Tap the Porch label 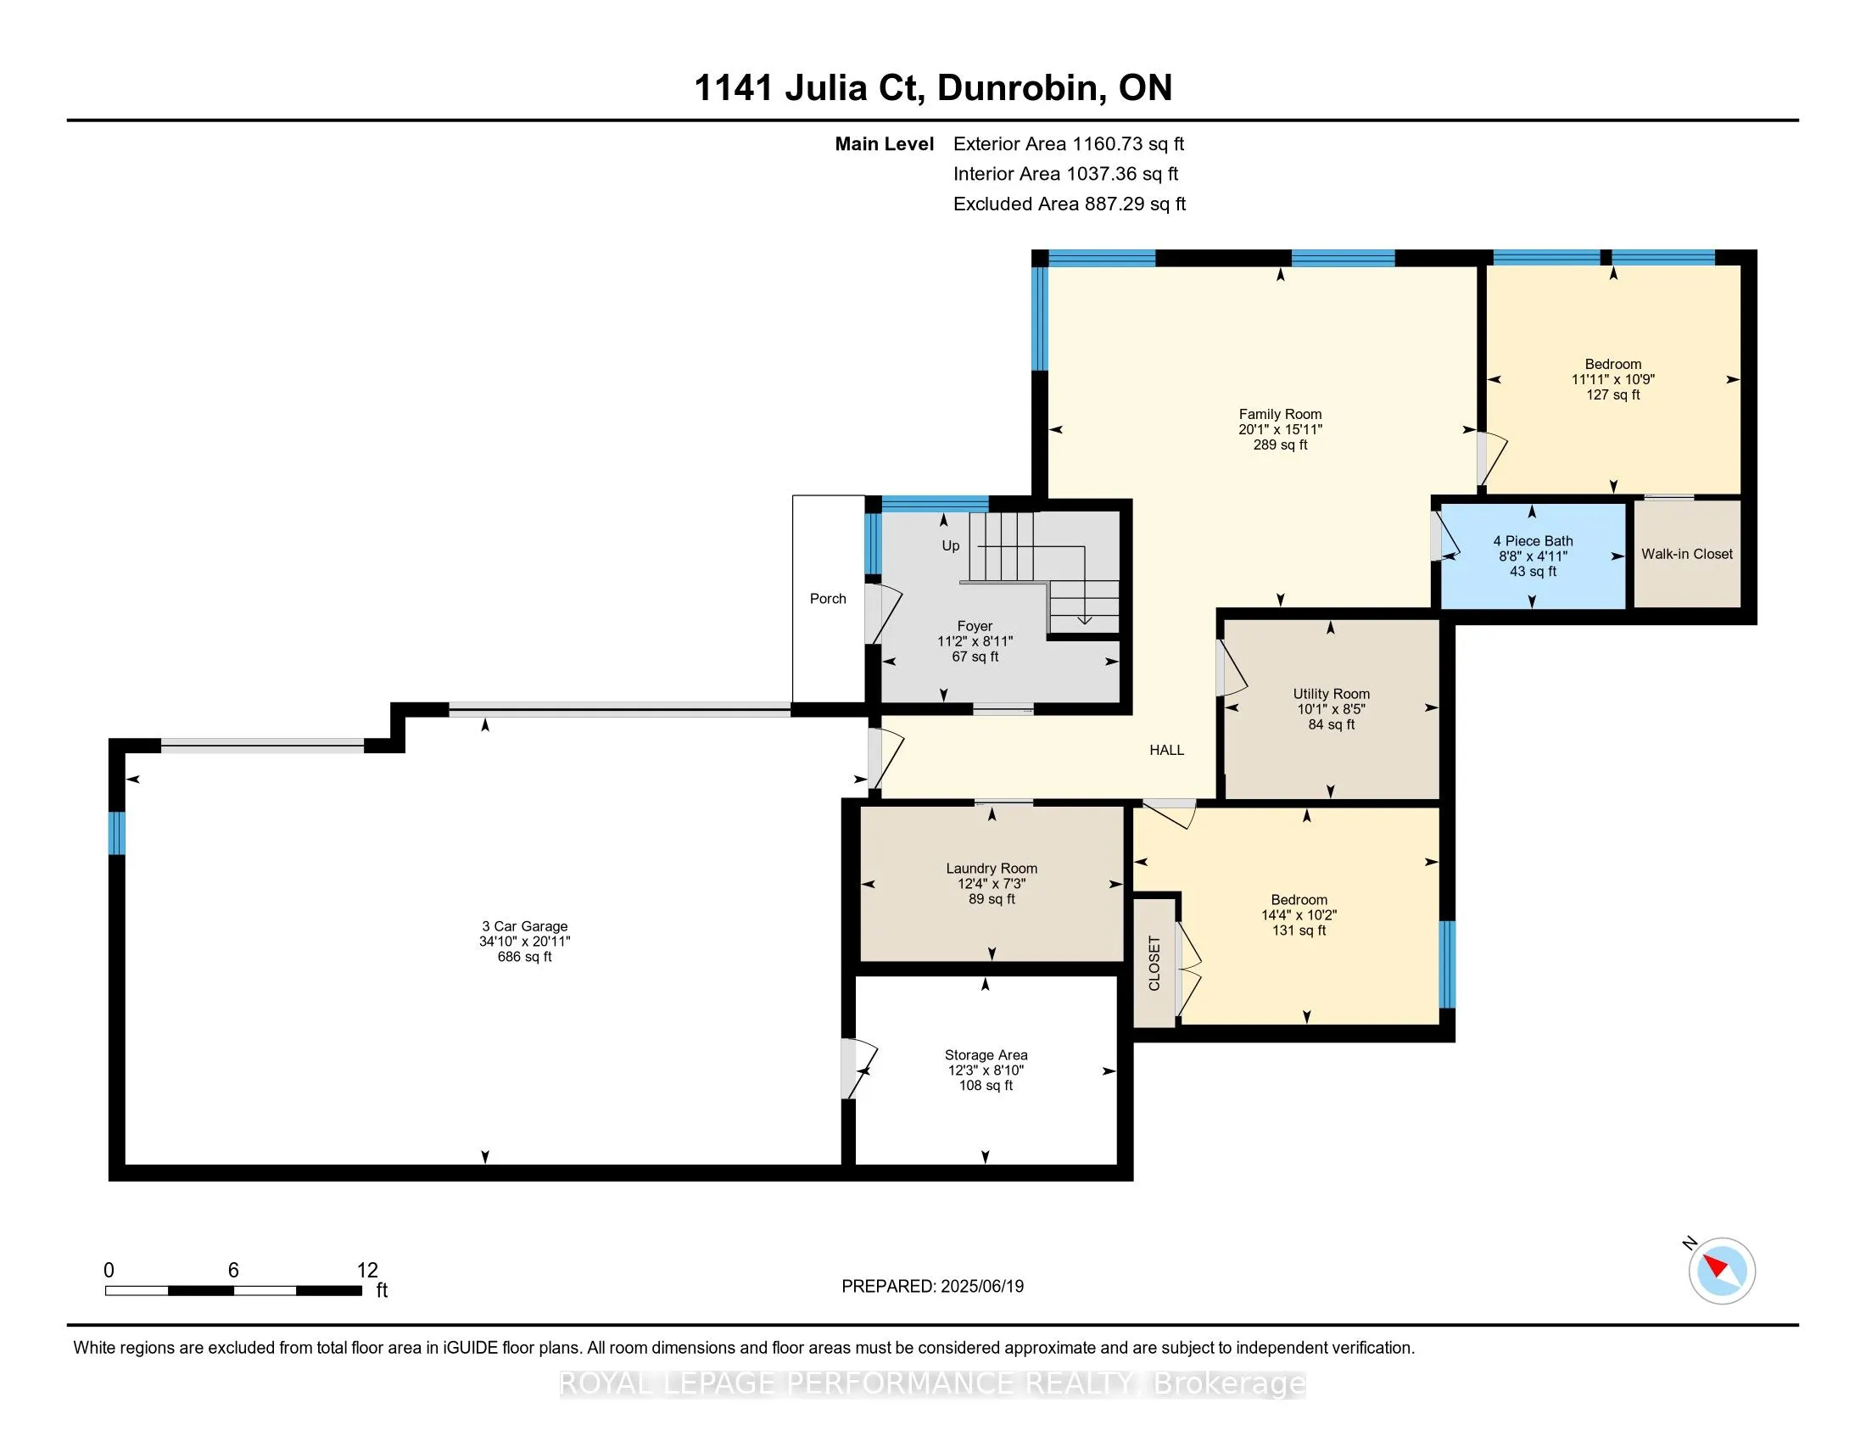(x=828, y=599)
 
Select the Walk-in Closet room (x=1687, y=555)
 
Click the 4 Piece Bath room (x=1533, y=556)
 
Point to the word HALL (x=1166, y=750)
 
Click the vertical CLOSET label (x=1154, y=964)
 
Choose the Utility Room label (x=1331, y=694)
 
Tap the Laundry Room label (x=991, y=868)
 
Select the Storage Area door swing (x=858, y=1068)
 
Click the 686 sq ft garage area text (x=524, y=957)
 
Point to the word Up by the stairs (x=950, y=546)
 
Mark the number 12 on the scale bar (x=367, y=1271)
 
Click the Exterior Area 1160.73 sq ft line (x=1069, y=144)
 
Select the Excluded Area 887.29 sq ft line (x=1070, y=204)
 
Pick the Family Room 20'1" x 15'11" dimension (x=1280, y=430)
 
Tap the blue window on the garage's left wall (x=117, y=832)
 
